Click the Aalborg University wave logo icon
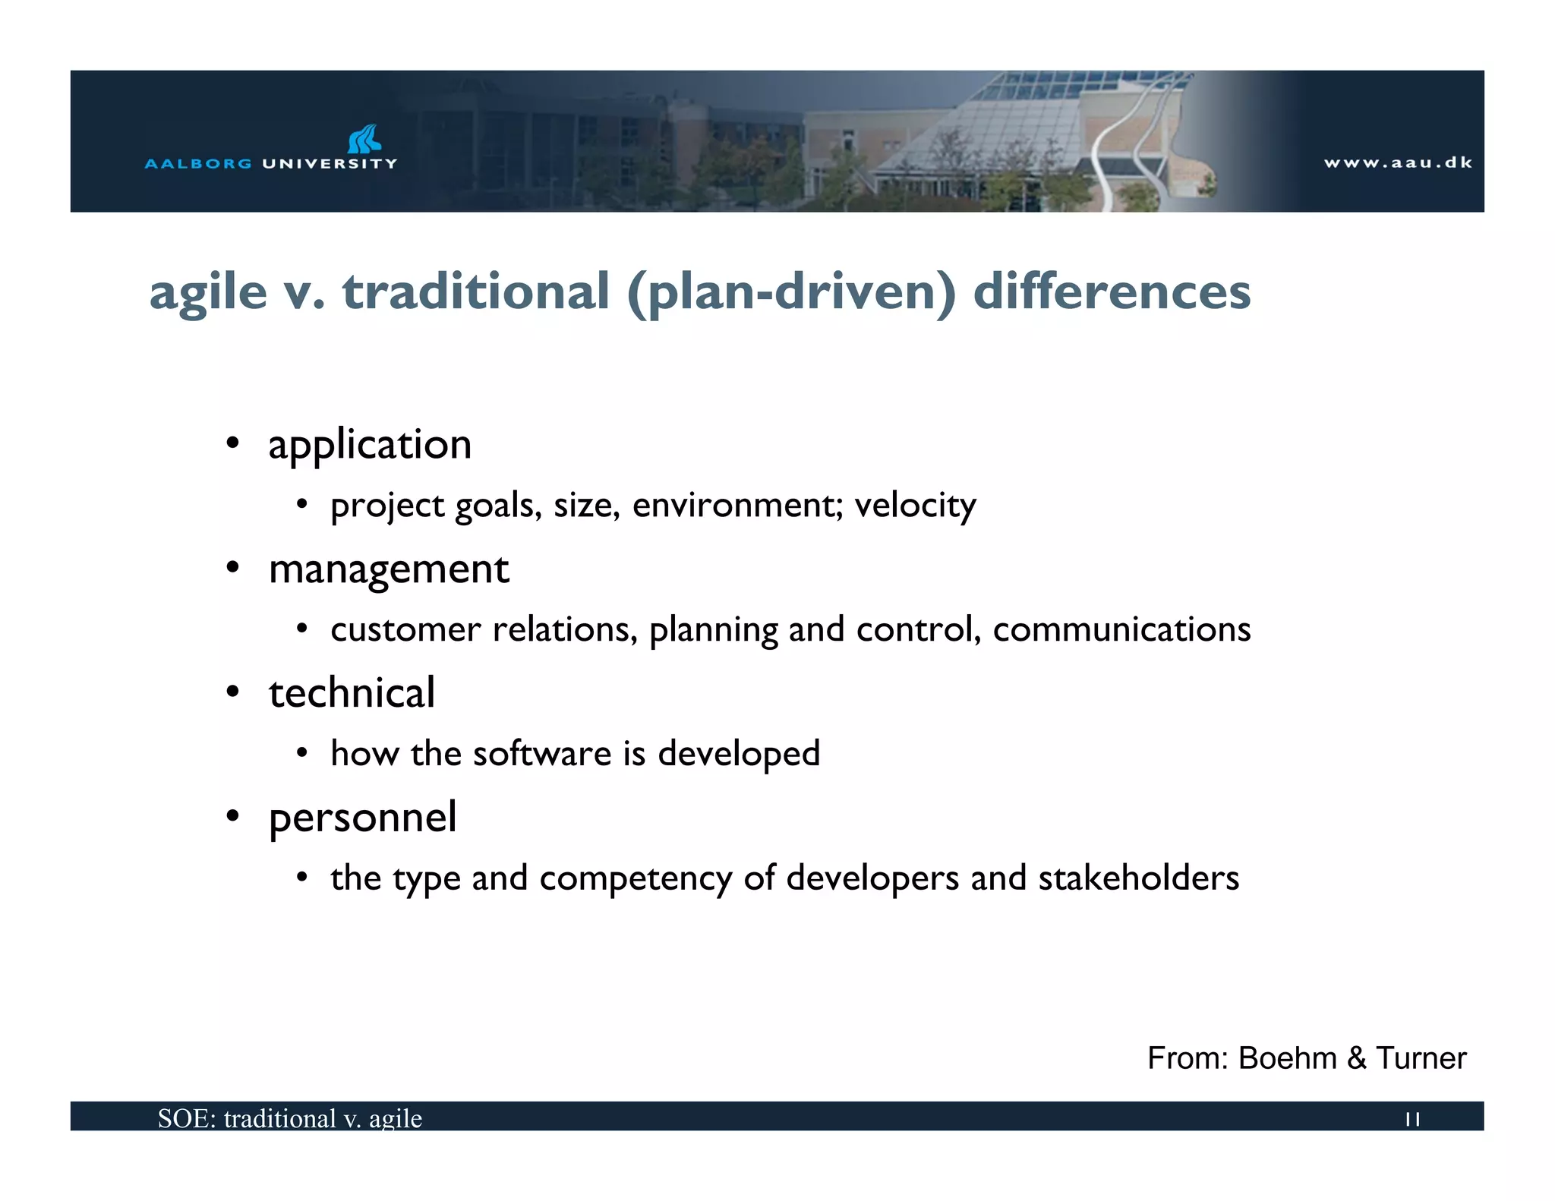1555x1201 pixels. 364,139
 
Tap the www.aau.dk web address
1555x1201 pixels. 1397,162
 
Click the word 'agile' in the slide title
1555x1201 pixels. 208,293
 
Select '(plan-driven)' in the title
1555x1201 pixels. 791,293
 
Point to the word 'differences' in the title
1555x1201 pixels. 1112,292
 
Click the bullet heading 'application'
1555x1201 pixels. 370,445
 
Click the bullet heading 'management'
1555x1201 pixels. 389,569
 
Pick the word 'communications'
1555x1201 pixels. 1121,629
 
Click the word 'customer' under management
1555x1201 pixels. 405,630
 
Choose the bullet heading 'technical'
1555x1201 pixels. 352,692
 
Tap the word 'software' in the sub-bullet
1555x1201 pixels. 541,754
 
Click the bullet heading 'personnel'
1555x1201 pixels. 362,818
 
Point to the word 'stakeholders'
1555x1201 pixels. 1138,878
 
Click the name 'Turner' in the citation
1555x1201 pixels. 1421,1058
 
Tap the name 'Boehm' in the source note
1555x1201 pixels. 1287,1058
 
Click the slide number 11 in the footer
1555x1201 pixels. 1412,1119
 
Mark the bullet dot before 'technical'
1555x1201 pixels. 233,692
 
